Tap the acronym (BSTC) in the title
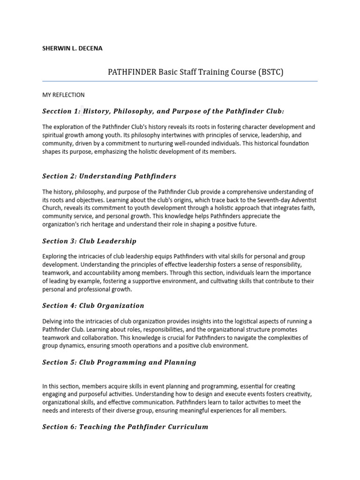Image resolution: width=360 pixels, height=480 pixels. click(270, 72)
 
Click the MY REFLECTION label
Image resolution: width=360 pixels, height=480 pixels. click(63, 95)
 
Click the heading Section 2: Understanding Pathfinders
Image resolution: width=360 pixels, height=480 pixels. click(109, 176)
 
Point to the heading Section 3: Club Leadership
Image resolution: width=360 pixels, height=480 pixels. click(89, 241)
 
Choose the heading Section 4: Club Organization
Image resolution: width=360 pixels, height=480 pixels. click(93, 306)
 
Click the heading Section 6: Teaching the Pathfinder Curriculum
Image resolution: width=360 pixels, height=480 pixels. click(125, 427)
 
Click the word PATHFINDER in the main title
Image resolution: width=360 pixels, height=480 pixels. click(132, 72)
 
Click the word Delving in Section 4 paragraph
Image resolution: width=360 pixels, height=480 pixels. click(52, 321)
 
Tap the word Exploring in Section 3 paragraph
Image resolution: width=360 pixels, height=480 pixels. click(55, 256)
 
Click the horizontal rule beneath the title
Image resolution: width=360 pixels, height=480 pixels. click(180, 81)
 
